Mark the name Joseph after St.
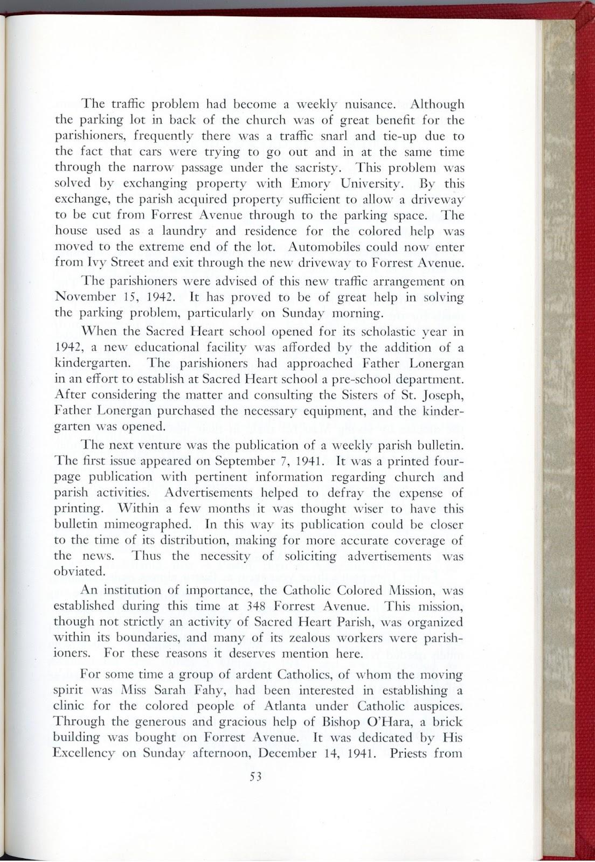pyautogui.click(x=441, y=397)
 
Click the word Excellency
pyautogui.click(x=86, y=753)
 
